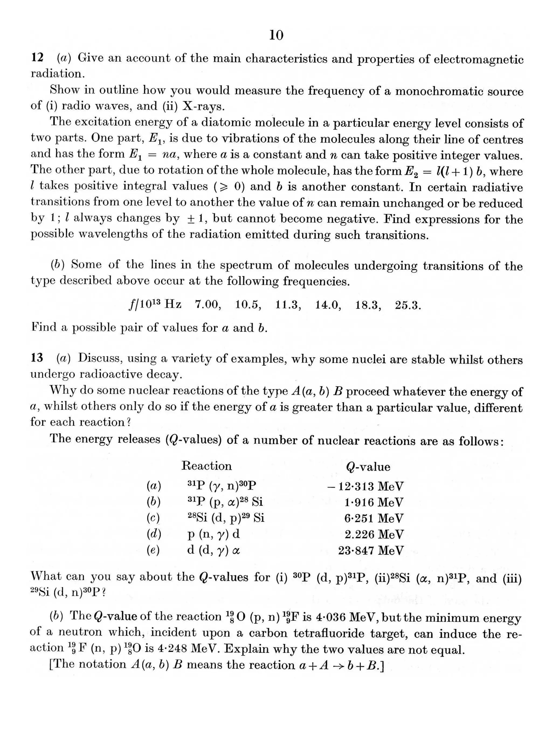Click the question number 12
(x=37, y=58)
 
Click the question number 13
(x=37, y=358)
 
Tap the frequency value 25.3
(x=408, y=305)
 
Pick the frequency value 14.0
(x=328, y=305)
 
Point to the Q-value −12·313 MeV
(x=365, y=486)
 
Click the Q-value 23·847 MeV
(x=371, y=550)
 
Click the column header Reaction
(x=206, y=466)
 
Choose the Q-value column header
(x=368, y=467)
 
